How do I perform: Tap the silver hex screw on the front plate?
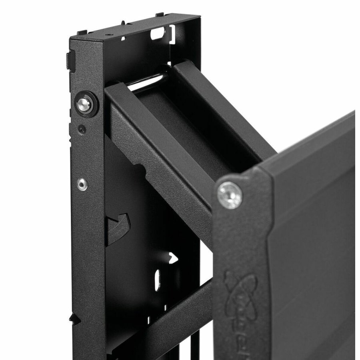pyautogui.click(x=230, y=195)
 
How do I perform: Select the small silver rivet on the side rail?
pyautogui.click(x=82, y=184)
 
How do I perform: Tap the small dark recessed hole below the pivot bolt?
pyautogui.click(x=82, y=129)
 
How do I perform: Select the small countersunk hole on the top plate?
pyautogui.click(x=107, y=36)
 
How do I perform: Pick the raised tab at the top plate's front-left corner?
pyautogui.click(x=81, y=32)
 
